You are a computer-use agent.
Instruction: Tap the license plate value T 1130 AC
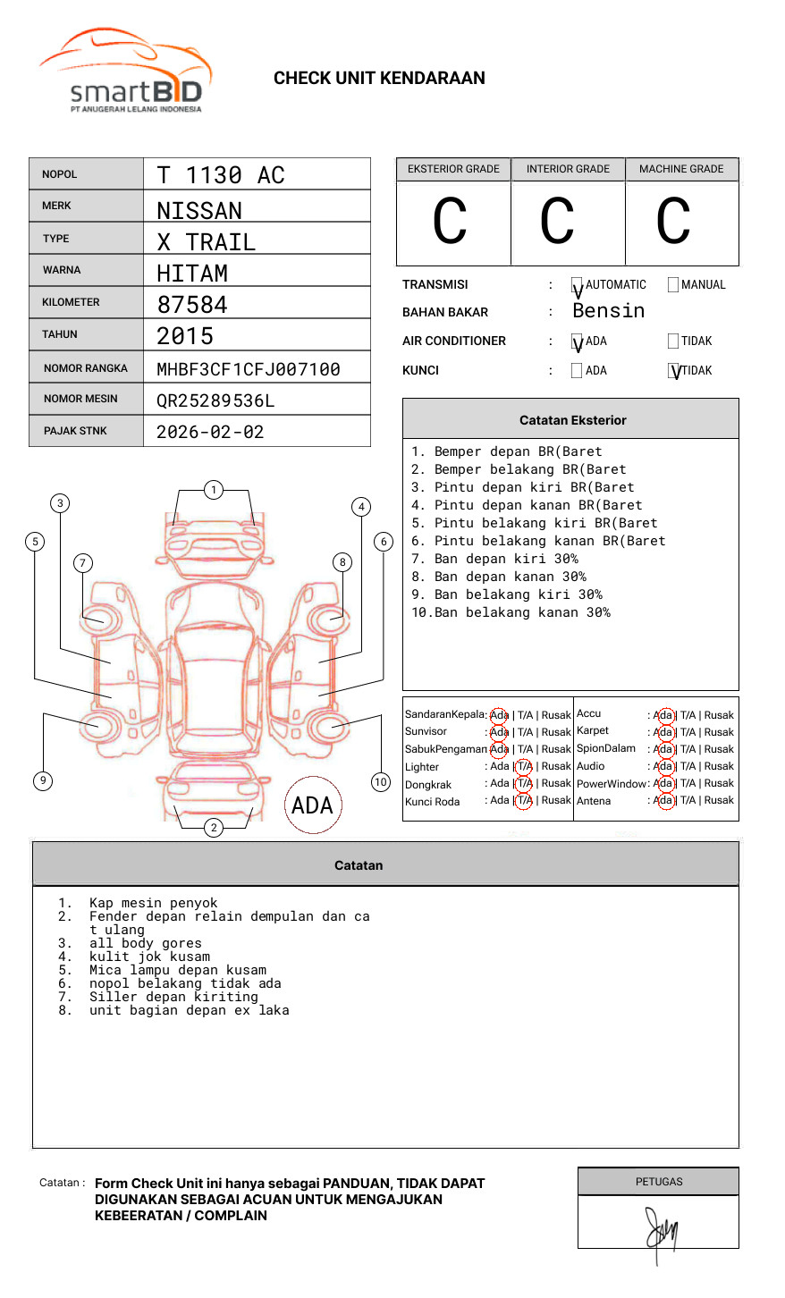pyautogui.click(x=220, y=175)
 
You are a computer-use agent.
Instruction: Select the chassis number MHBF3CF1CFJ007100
pyautogui.click(x=248, y=369)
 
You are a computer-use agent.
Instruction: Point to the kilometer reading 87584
pyautogui.click(x=192, y=305)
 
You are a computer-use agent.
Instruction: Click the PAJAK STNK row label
pyautogui.click(x=74, y=431)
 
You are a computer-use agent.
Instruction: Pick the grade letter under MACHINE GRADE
pyautogui.click(x=673, y=222)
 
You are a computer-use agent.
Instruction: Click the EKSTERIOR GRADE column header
pyautogui.click(x=453, y=169)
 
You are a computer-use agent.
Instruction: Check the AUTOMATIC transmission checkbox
pyautogui.click(x=578, y=286)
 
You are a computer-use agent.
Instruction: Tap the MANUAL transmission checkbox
pyautogui.click(x=673, y=285)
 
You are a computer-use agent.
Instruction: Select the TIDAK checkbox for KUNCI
pyautogui.click(x=674, y=371)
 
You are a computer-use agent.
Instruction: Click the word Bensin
pyautogui.click(x=608, y=311)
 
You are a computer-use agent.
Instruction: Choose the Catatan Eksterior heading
pyautogui.click(x=572, y=420)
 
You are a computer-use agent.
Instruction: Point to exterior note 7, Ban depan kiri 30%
pyautogui.click(x=505, y=559)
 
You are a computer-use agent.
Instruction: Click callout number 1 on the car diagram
pyautogui.click(x=214, y=490)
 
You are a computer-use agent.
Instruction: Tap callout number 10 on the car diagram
pyautogui.click(x=381, y=782)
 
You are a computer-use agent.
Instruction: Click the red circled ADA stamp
pyautogui.click(x=313, y=805)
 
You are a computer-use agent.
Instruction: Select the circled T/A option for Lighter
pyautogui.click(x=524, y=766)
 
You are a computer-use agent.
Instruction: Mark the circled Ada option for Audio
pyautogui.click(x=663, y=766)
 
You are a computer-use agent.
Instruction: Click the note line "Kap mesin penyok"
pyautogui.click(x=153, y=903)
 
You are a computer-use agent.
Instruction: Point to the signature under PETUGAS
pyautogui.click(x=662, y=1232)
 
